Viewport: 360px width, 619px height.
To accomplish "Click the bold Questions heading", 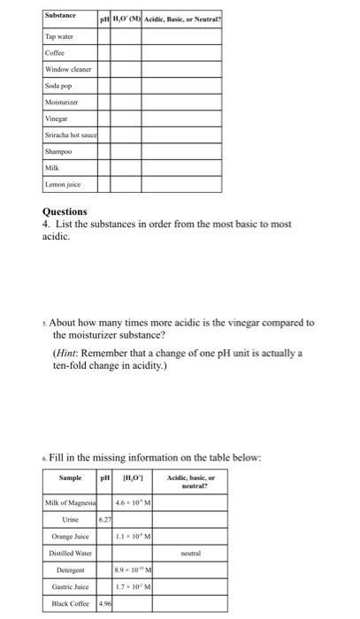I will (65, 212).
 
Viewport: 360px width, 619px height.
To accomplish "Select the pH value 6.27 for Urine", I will (103, 521).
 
